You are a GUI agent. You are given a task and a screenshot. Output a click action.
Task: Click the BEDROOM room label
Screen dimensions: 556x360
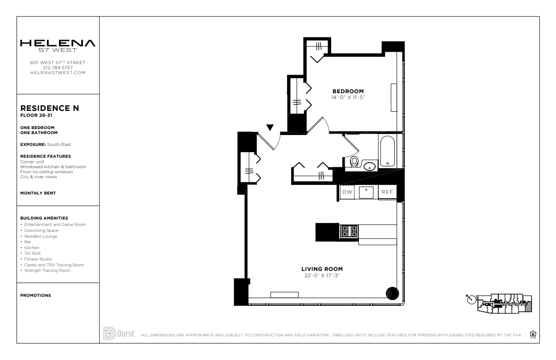click(348, 91)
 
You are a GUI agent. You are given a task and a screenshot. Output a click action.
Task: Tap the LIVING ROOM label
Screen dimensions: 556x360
click(322, 269)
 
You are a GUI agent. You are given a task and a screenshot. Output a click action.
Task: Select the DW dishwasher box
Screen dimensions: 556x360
click(347, 192)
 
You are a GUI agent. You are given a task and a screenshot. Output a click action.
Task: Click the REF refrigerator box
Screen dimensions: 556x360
click(387, 192)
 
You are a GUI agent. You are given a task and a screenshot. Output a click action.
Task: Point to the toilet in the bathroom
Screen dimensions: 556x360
click(354, 162)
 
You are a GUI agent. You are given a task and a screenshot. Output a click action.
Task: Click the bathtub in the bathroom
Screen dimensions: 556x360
click(387, 151)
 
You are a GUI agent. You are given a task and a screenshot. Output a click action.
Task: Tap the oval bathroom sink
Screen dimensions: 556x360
click(370, 166)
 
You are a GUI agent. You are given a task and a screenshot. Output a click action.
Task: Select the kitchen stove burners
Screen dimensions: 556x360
click(349, 231)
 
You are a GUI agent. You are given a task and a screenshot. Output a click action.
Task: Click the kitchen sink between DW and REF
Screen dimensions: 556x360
click(366, 192)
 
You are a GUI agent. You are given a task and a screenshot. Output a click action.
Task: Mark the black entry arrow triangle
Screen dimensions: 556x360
click(270, 127)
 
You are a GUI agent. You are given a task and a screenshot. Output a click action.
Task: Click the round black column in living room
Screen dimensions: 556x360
click(392, 294)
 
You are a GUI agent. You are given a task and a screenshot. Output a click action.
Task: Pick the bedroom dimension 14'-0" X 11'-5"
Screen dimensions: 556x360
click(348, 97)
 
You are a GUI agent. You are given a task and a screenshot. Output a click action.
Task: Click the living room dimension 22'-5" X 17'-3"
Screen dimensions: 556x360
click(322, 275)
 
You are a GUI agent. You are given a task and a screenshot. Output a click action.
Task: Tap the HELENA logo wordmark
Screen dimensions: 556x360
click(58, 43)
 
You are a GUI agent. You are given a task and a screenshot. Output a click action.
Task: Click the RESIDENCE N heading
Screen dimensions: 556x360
click(50, 108)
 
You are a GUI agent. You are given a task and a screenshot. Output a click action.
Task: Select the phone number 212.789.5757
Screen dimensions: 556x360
click(58, 68)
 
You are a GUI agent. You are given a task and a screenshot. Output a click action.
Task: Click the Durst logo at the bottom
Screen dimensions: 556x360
click(119, 334)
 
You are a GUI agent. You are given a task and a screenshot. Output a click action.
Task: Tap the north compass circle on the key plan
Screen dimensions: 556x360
click(472, 300)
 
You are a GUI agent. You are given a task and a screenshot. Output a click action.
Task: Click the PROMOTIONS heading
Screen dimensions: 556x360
click(35, 295)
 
